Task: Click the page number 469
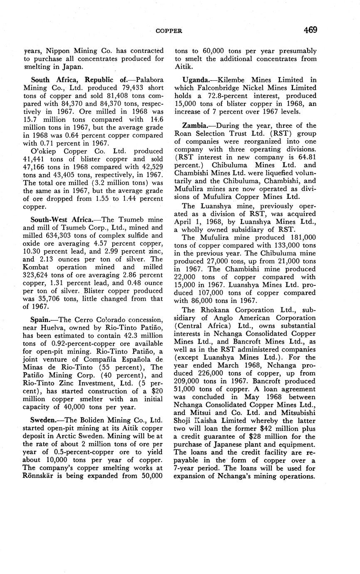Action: pyautogui.click(x=310, y=30)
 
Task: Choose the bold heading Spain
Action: pyautogui.click(x=41, y=319)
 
